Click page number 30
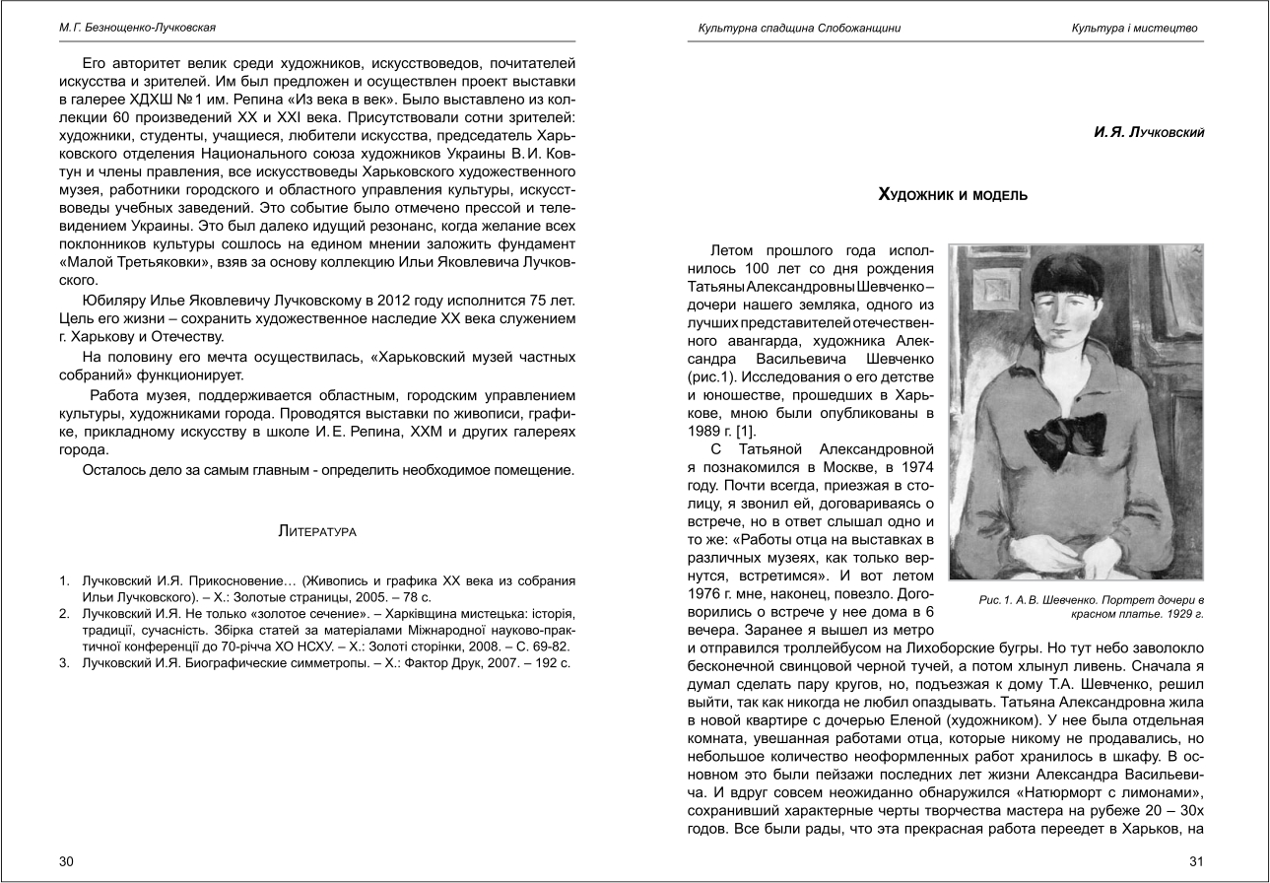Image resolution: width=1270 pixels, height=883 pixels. pos(66,861)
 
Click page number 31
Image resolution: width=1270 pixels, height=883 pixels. pos(1197,861)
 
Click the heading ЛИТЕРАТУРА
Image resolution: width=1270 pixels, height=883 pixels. pos(317,533)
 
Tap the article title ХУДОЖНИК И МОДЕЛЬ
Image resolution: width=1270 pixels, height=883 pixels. pos(953,196)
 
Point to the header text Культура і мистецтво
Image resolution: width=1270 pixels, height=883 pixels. pos(1134,28)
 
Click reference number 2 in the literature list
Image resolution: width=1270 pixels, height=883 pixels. pos(63,613)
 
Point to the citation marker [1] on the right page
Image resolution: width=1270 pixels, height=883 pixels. pos(732,431)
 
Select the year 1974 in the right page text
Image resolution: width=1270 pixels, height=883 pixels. pos(915,466)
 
